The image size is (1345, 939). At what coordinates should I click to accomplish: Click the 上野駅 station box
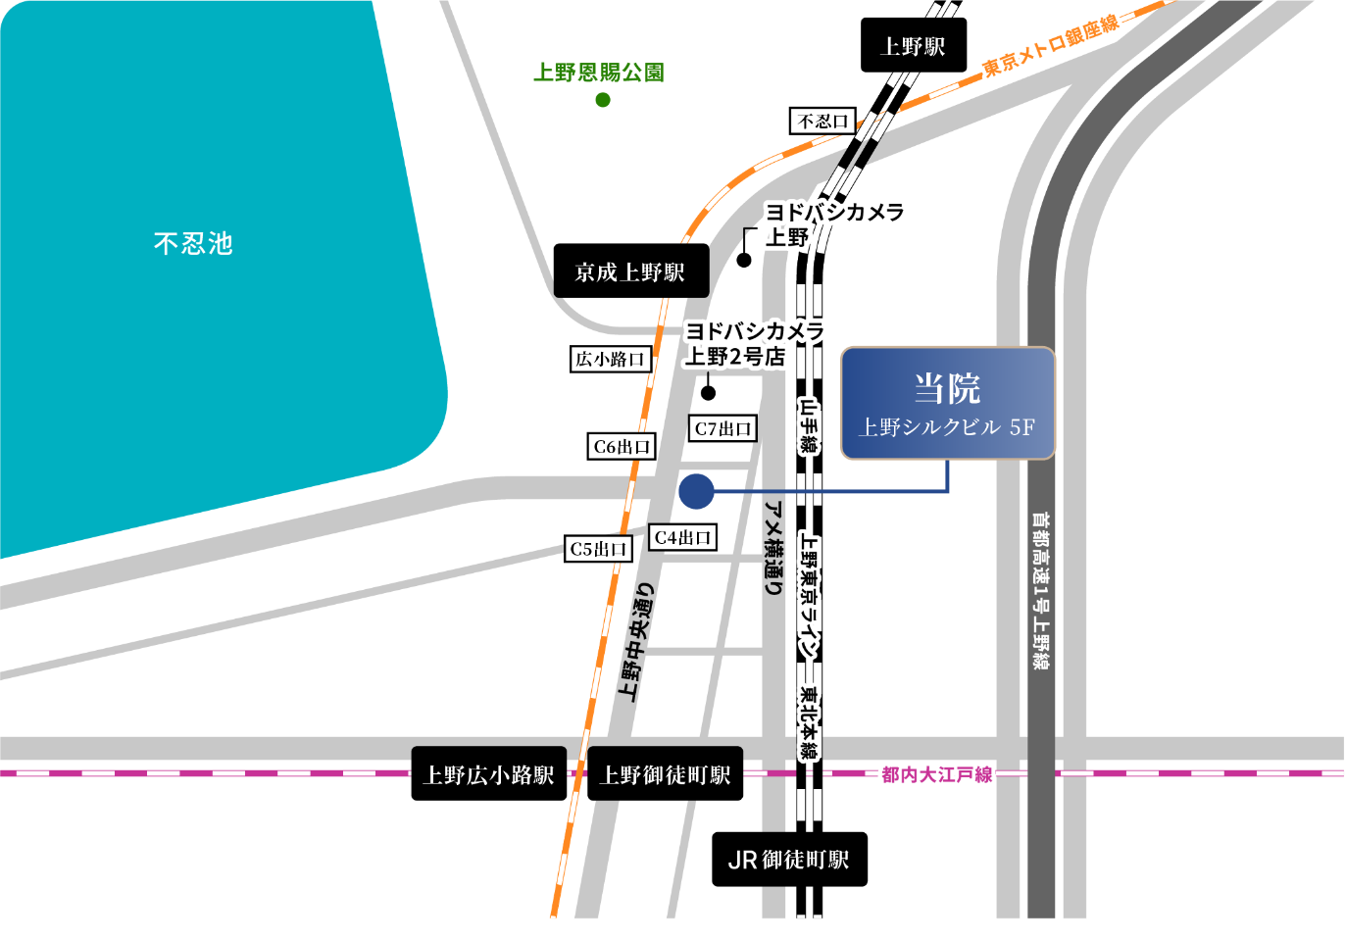(x=914, y=45)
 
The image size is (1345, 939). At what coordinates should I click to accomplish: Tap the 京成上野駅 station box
(x=630, y=272)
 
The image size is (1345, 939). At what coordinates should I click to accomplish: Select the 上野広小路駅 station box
(x=488, y=774)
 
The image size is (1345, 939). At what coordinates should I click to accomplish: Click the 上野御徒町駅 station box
(x=665, y=774)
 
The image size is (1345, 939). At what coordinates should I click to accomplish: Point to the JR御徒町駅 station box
(x=789, y=860)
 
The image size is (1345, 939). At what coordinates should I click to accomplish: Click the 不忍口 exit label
(x=822, y=121)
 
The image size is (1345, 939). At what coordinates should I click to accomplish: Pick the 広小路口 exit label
(x=610, y=359)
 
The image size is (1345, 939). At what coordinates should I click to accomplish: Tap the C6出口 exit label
(x=622, y=447)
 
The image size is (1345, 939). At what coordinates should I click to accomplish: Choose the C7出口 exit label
(x=722, y=428)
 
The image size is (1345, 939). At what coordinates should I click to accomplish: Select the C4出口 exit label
(x=682, y=537)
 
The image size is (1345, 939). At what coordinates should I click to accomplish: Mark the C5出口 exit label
(x=598, y=549)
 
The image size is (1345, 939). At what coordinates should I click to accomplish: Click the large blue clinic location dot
(x=696, y=491)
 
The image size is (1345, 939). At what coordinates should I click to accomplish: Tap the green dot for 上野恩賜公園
(x=603, y=99)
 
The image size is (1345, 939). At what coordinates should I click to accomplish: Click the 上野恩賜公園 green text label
(x=598, y=72)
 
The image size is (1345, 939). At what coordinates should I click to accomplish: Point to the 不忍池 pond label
(x=193, y=243)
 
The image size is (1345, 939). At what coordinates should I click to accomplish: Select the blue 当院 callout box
(x=947, y=403)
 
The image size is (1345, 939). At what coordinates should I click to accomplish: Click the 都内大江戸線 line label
(x=936, y=774)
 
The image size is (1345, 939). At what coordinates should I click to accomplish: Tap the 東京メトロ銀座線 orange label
(x=1050, y=46)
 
